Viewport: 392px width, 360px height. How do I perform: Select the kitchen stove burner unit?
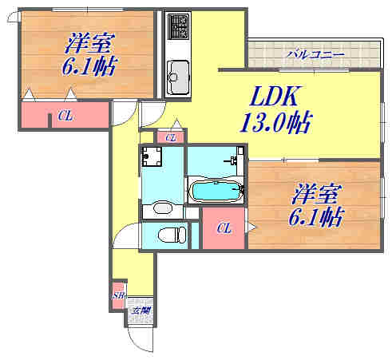176,31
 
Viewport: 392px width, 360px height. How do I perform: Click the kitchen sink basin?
175,77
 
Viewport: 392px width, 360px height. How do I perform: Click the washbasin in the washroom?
162,209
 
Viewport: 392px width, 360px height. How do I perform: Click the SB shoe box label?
118,295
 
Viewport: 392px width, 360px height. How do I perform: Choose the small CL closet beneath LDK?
170,138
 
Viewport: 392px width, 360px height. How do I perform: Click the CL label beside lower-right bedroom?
224,229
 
